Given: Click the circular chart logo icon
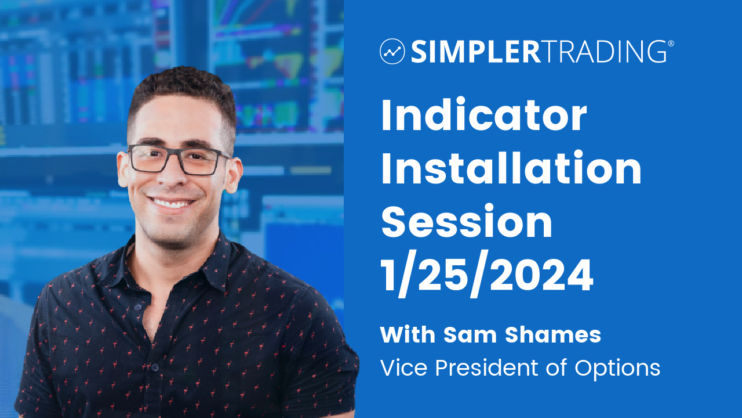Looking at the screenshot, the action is (392, 52).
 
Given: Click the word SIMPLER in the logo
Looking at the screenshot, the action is (476, 52).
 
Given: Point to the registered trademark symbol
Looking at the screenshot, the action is (671, 44).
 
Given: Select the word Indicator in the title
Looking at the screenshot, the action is (484, 115).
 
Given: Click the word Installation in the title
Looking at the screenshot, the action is (511, 168).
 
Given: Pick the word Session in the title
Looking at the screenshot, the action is (467, 221).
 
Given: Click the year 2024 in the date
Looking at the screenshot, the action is (541, 275).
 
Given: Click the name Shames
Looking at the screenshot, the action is (553, 335).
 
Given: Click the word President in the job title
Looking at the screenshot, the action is (486, 368).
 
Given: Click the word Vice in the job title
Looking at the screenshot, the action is (404, 368).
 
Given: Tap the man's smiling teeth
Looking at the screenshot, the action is (172, 203).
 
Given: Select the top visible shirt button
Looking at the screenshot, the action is (138, 307).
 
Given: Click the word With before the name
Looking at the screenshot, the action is (408, 335).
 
